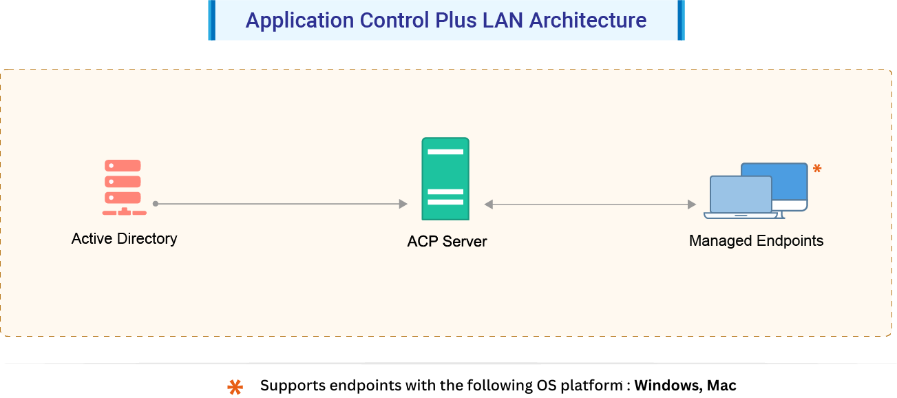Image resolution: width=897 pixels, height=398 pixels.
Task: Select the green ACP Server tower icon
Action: pos(445,179)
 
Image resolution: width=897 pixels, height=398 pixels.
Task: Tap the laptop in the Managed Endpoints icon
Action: pos(741,197)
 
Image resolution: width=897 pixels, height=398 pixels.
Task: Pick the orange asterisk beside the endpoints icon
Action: pos(817,169)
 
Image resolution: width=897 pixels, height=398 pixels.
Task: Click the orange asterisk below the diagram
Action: pos(235,388)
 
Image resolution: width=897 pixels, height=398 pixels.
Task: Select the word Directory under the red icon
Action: pos(147,239)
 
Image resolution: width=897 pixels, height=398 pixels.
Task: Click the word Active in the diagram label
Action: pos(92,239)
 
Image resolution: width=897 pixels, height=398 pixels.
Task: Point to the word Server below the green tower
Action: pos(465,242)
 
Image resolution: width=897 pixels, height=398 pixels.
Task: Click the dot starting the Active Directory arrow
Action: pos(156,204)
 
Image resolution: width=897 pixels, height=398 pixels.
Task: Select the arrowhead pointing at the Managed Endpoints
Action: pos(692,205)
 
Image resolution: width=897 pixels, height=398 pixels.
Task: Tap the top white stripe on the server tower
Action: pos(445,151)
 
